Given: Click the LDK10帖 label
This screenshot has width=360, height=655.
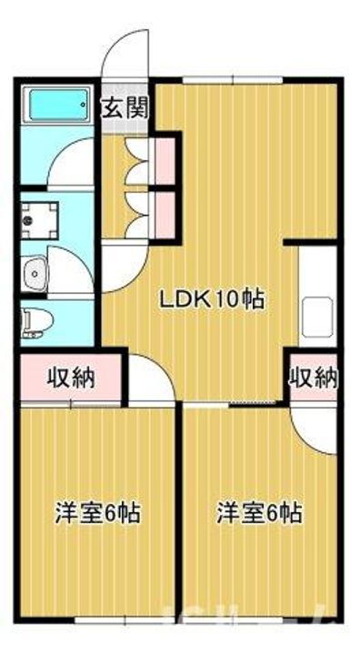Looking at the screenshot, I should pyautogui.click(x=213, y=297).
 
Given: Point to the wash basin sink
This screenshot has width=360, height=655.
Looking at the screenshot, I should pyautogui.click(x=35, y=271).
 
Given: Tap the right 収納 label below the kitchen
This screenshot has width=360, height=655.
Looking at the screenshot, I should pyautogui.click(x=314, y=377).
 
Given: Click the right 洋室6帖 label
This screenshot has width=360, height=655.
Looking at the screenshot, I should pyautogui.click(x=258, y=512).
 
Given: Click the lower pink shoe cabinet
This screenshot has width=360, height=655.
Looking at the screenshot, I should pyautogui.click(x=165, y=209).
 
